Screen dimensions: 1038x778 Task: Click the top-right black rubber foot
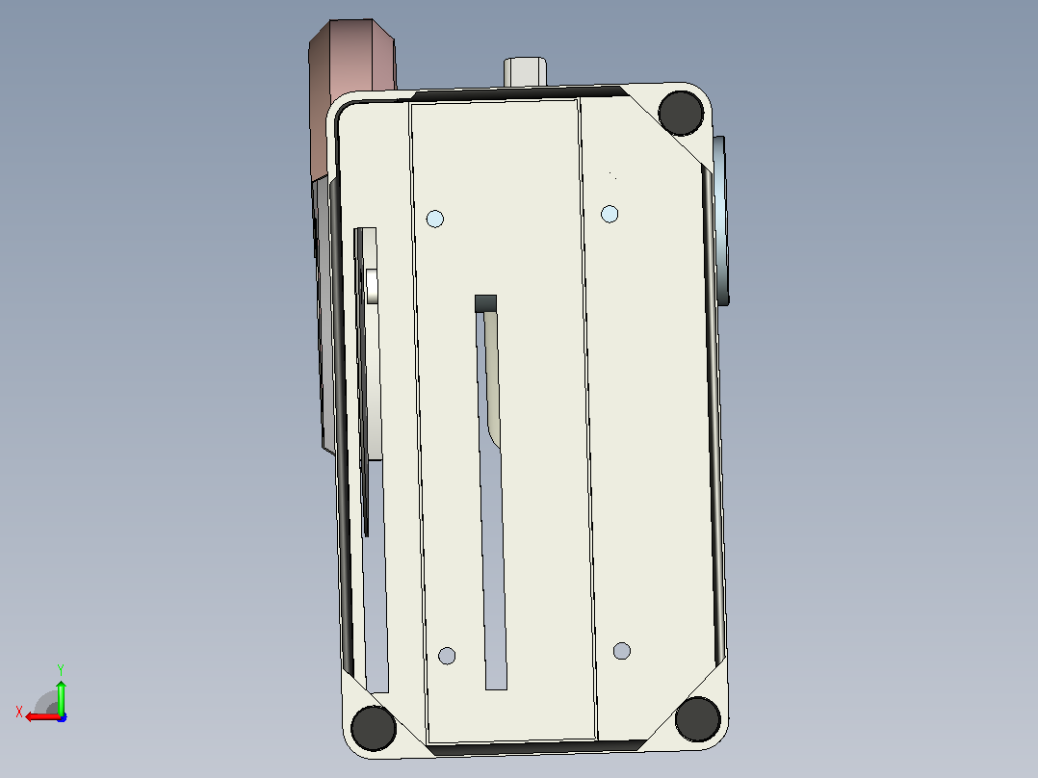pos(681,113)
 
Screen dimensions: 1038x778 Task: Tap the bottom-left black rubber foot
pos(374,728)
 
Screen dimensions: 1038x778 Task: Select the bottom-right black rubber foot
pos(698,719)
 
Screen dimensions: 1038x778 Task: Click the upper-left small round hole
pos(435,220)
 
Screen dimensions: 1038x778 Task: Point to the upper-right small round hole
pos(610,214)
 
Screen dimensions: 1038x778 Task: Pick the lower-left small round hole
pos(447,656)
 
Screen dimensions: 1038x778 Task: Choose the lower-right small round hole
pos(622,651)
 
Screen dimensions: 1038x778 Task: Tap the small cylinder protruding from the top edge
pos(525,71)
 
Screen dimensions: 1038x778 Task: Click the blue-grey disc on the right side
pos(720,220)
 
